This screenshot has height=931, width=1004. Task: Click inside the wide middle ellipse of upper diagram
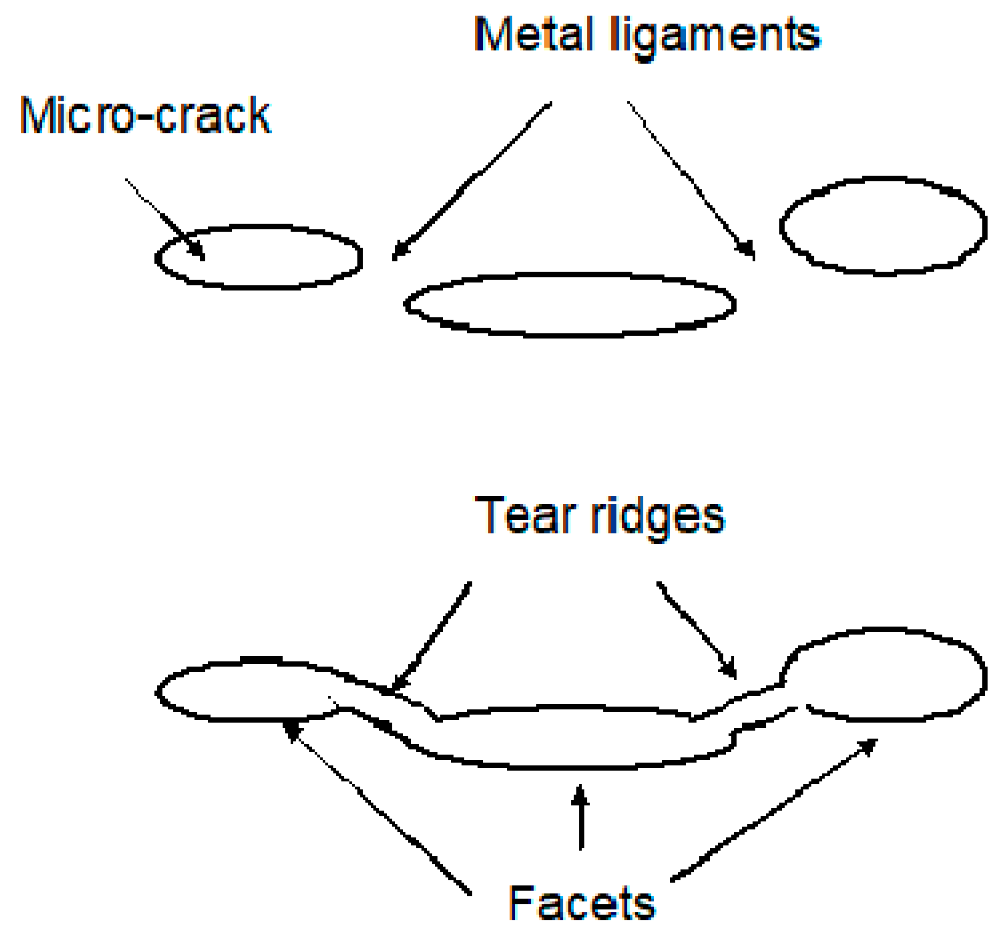point(570,305)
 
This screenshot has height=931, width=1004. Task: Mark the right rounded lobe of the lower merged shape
point(887,675)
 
